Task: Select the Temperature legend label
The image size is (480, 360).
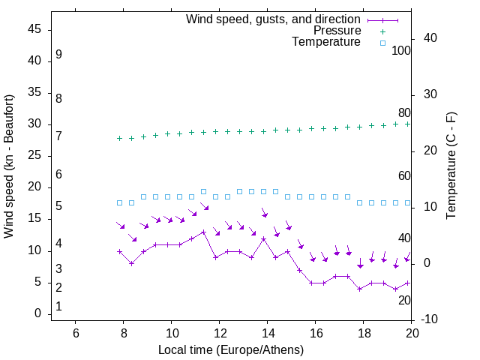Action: (326, 42)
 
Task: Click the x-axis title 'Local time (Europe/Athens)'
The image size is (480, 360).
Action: (231, 349)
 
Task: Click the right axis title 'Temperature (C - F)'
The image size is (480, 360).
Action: (451, 166)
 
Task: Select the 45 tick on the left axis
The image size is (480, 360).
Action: (34, 30)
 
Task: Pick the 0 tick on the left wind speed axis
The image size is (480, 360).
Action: (37, 314)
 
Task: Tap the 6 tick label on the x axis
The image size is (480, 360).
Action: (75, 331)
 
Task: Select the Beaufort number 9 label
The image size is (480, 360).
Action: (58, 55)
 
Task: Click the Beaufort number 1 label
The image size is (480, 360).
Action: (58, 307)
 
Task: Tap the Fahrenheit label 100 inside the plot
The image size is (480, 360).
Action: (401, 51)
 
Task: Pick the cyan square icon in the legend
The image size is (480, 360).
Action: (382, 43)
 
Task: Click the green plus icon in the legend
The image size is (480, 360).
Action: (382, 31)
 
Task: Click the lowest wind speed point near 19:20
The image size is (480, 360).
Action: (396, 289)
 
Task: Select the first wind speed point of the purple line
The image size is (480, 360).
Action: (119, 251)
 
